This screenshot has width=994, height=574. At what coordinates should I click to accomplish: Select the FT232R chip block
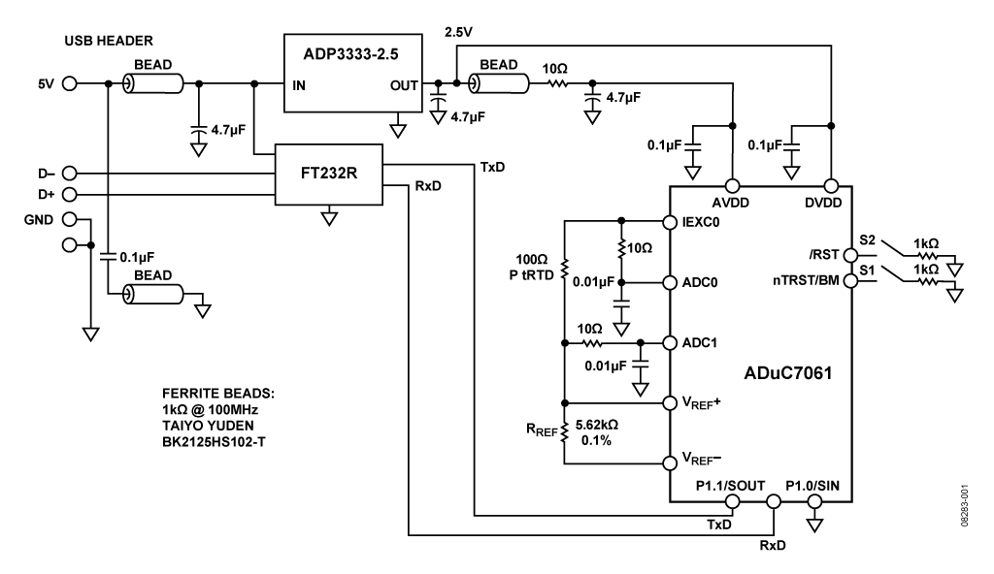click(x=329, y=175)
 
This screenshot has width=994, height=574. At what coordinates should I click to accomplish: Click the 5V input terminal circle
click(x=69, y=84)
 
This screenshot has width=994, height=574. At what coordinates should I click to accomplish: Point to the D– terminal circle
click(x=69, y=174)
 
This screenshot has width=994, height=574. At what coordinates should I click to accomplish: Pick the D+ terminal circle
click(x=69, y=195)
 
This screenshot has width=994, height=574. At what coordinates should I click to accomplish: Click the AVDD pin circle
click(x=732, y=185)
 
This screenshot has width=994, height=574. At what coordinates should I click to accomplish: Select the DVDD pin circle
click(x=831, y=185)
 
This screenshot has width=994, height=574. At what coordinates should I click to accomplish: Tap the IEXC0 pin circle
click(x=668, y=221)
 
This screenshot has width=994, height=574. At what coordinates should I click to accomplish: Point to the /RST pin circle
click(x=850, y=254)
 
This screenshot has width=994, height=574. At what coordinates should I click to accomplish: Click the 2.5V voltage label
click(x=458, y=32)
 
